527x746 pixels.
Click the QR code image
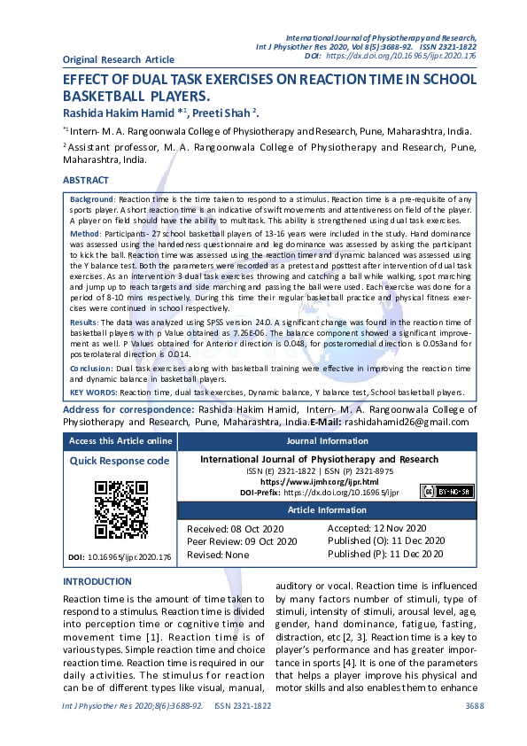pyautogui.click(x=121, y=509)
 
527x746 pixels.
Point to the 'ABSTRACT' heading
pyautogui.click(x=86, y=180)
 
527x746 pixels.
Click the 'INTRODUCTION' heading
pyautogui.click(x=97, y=581)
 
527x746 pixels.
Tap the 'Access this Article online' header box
pyautogui.click(x=120, y=440)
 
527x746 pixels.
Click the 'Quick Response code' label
pyautogui.click(x=120, y=461)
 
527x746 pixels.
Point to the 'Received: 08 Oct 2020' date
pyautogui.click(x=233, y=528)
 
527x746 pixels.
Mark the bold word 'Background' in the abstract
pyautogui.click(x=92, y=200)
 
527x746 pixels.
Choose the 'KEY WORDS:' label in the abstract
pyautogui.click(x=94, y=391)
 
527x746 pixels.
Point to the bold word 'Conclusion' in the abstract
pyautogui.click(x=91, y=367)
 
